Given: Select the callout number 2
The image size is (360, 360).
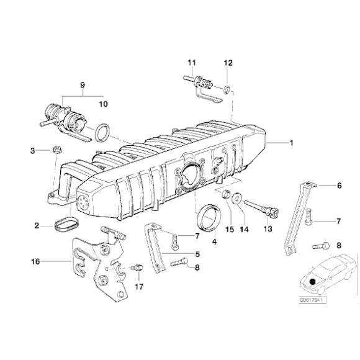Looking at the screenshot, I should coord(37,227).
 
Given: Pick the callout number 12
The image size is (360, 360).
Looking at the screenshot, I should coord(228,63).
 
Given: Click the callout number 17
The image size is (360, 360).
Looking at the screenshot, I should coord(140,287).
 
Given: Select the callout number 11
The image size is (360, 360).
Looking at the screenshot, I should coord(191,63).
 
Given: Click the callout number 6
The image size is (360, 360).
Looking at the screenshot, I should coord(339,186).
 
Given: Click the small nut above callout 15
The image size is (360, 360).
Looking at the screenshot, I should coord(228,197).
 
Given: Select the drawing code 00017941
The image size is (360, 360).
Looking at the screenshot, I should coord(313,301).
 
